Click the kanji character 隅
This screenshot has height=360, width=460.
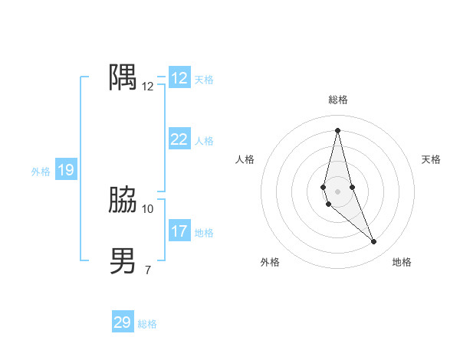point(123,78)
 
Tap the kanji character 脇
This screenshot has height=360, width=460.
point(123,201)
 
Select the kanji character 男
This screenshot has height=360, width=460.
point(123,261)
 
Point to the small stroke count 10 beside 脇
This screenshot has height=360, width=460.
point(148,208)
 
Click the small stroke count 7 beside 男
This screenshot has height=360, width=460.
point(148,269)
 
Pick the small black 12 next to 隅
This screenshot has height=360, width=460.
point(148,87)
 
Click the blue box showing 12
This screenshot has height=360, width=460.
point(179,78)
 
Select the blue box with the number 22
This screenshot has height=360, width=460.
point(179,139)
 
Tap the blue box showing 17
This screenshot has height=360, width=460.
point(179,231)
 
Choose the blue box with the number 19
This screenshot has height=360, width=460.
point(66,170)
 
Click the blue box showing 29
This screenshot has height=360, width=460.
point(123,322)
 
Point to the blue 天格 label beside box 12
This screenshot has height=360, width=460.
point(204,80)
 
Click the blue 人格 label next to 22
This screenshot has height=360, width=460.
point(204,141)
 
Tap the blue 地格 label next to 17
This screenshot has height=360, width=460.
point(204,233)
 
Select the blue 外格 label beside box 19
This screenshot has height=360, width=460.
point(41,172)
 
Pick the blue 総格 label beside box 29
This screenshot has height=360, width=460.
point(147,324)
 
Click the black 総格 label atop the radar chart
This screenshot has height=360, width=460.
point(338,100)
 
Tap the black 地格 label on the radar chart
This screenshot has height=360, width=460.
point(402,262)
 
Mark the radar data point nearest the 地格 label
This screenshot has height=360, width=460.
point(374,242)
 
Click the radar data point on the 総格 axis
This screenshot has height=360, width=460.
point(337,130)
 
